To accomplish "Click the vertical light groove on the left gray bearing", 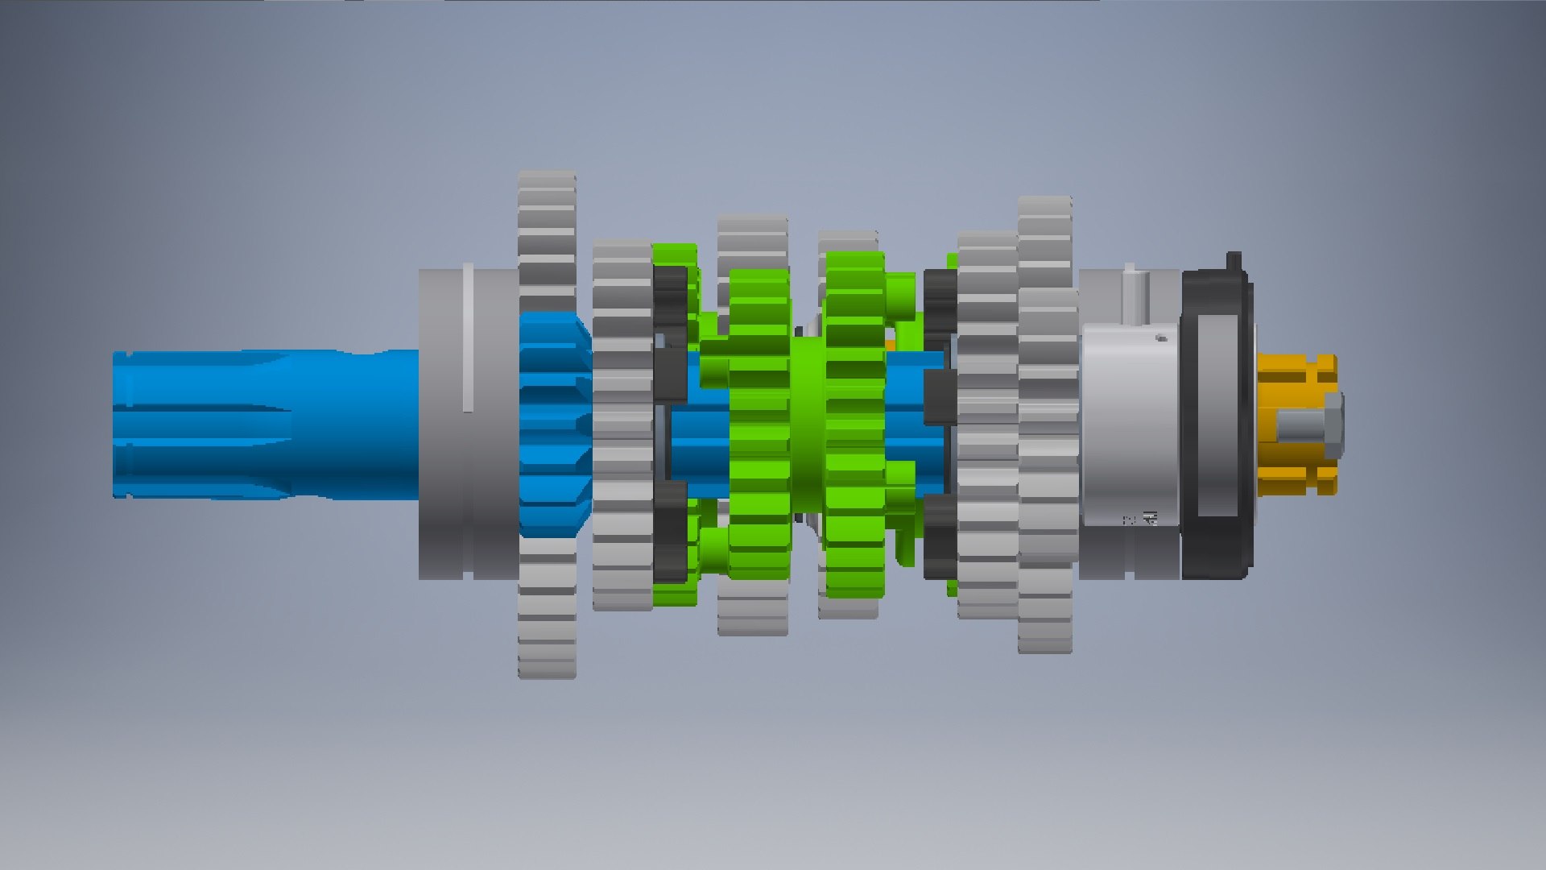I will coord(468,338).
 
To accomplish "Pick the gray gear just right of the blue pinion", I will coord(622,290).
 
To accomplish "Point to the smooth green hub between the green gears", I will coord(808,423).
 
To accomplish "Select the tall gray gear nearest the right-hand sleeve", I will coord(1045,242).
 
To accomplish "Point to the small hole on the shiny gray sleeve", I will coord(1160,338).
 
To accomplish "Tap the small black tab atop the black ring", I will coord(1233,261).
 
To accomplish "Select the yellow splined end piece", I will coord(1288,379).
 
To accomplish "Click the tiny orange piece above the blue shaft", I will coord(890,345).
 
